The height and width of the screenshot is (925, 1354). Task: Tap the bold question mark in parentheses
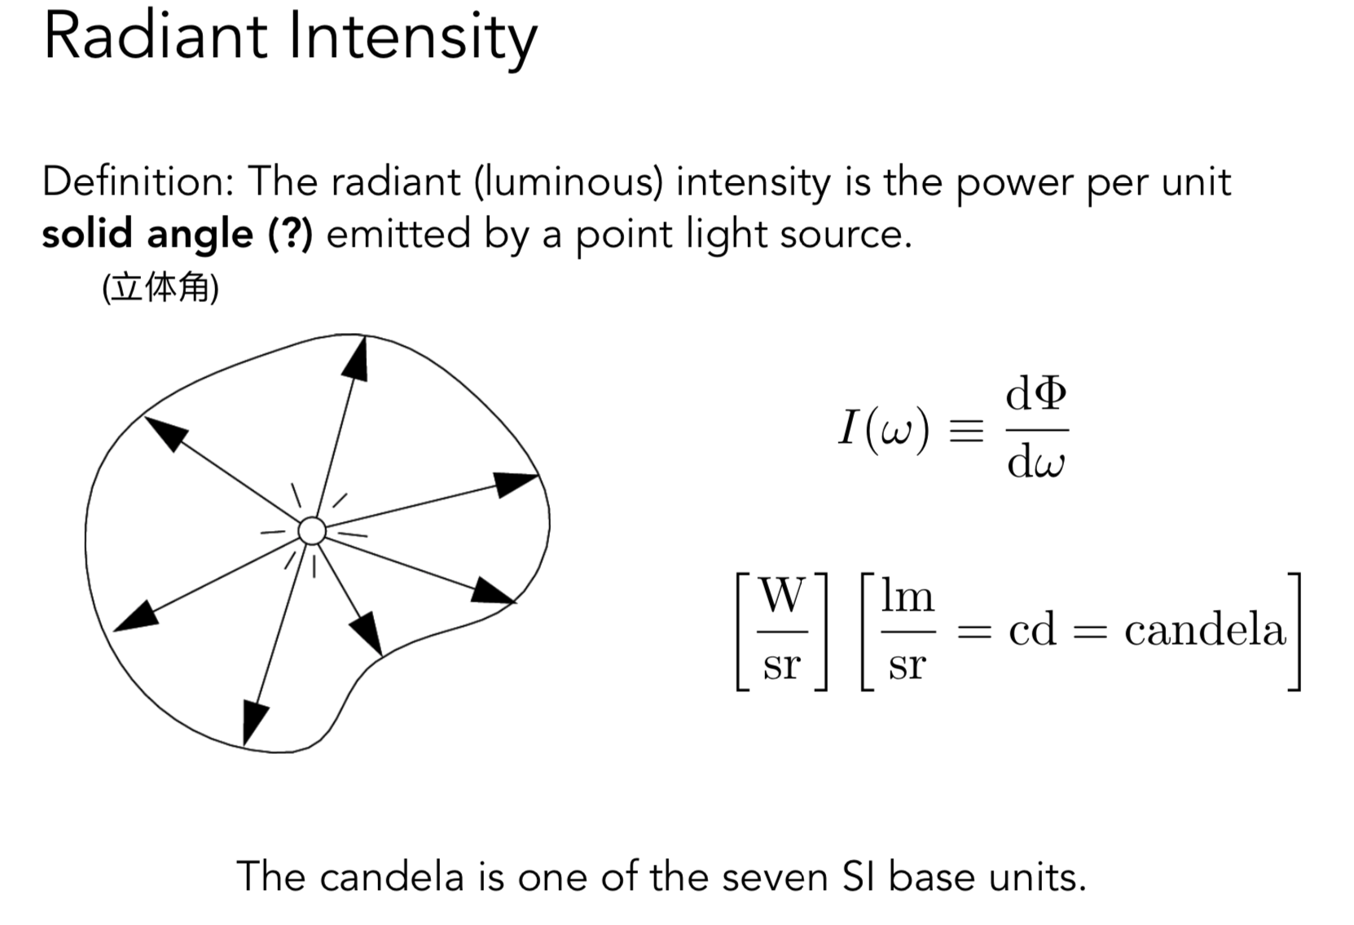[x=290, y=235]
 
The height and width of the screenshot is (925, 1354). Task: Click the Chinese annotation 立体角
[x=160, y=288]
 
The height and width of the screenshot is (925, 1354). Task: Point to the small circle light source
[x=311, y=531]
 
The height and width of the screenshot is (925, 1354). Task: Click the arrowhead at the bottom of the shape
[x=254, y=721]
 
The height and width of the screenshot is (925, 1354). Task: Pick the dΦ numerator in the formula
[x=1035, y=395]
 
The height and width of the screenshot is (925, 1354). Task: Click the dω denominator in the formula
[x=1035, y=463]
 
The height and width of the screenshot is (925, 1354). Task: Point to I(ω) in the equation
[x=884, y=428]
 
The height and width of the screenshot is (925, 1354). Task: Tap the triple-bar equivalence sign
[x=967, y=430]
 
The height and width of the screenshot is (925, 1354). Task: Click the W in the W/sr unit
[x=782, y=596]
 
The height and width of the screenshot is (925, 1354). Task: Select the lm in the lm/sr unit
[x=907, y=597]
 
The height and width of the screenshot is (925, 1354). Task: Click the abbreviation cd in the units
[x=1032, y=630]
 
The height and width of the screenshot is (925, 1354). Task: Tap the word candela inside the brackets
[x=1205, y=630]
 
